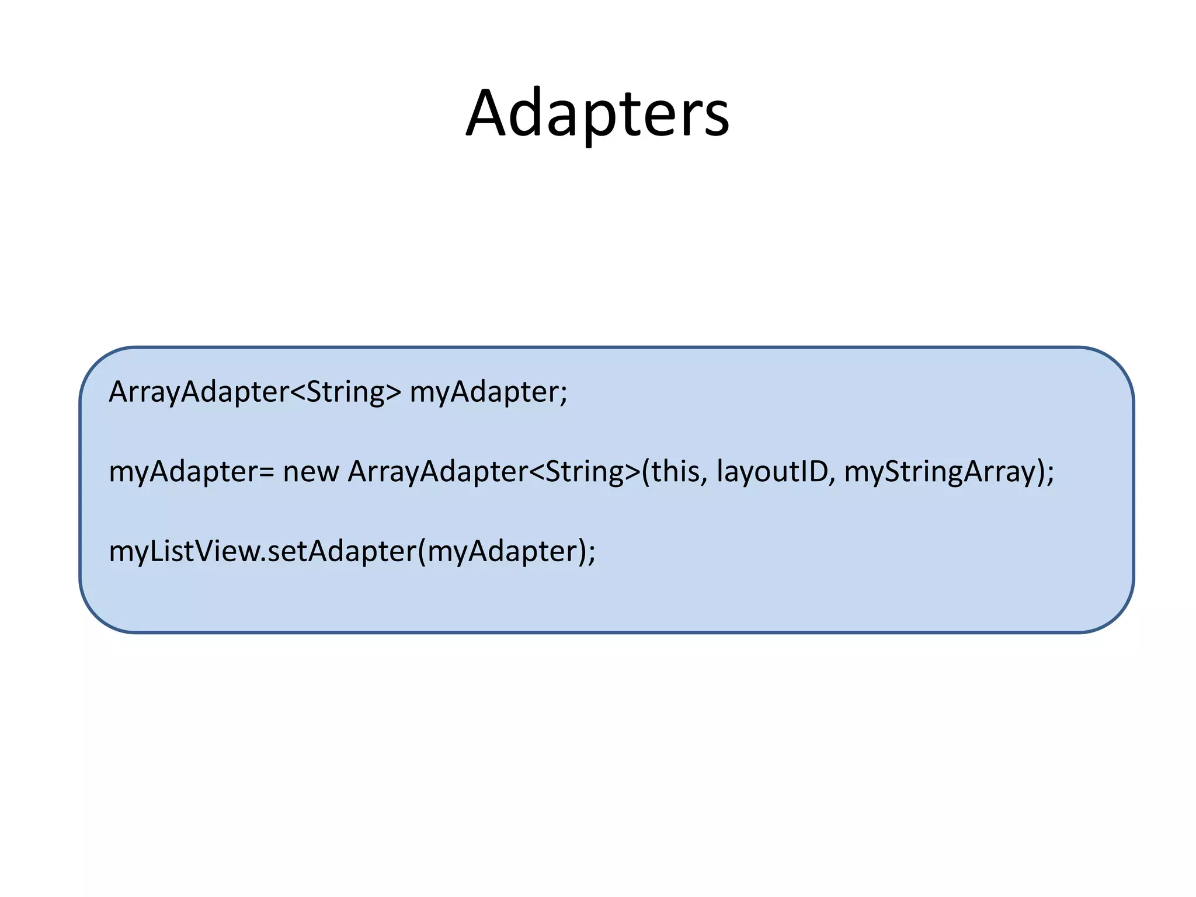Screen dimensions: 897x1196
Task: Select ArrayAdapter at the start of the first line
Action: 199,392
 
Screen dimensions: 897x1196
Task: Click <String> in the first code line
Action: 346,392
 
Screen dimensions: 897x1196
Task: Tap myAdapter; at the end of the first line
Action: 488,392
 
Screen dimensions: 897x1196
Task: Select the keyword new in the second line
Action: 311,472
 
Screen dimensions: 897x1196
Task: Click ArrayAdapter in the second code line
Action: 437,472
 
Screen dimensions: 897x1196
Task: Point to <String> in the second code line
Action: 585,472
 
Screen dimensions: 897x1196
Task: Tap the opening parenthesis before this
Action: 646,472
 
